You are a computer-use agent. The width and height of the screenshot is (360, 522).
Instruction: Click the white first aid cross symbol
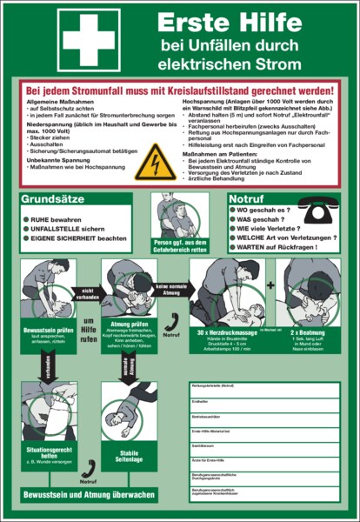pos(89,40)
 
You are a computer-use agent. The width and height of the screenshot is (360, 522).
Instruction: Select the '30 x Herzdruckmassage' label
pos(227,331)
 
